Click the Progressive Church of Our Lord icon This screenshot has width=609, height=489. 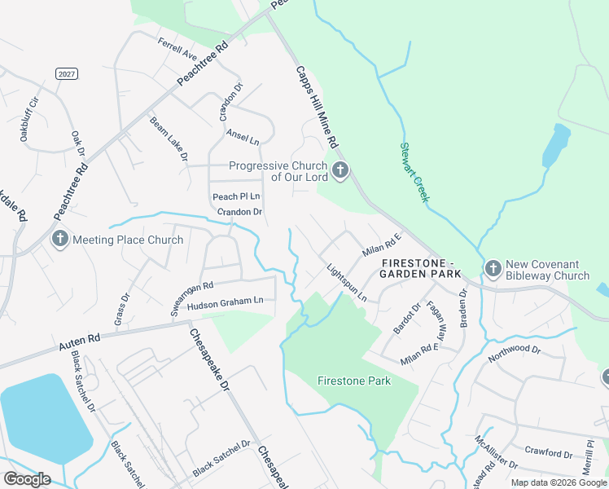point(341,171)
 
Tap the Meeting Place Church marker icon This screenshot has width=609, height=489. point(60,240)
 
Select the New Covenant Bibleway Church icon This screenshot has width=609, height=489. point(493,269)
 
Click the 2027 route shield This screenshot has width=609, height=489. point(67,74)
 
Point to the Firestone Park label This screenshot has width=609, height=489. point(354,381)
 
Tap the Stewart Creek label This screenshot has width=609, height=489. point(414,173)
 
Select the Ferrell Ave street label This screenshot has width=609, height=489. point(178,50)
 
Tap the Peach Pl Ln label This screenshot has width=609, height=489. point(236,196)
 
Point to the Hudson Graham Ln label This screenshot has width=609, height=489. point(226,302)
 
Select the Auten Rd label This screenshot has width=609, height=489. point(79,341)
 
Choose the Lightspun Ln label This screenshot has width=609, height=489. point(347,282)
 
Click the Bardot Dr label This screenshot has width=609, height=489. point(405,319)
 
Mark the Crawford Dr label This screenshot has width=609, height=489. point(549,452)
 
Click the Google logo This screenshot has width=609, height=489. point(27,478)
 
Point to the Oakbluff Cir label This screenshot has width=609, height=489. point(28,120)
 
